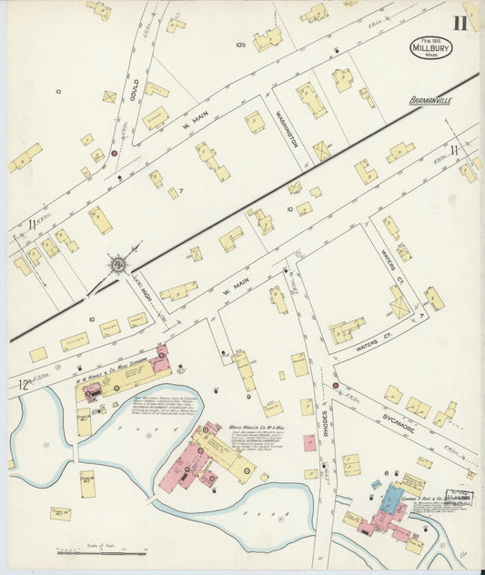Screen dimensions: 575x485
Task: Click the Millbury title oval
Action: (430, 47)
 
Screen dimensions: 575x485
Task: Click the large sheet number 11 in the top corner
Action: (461, 23)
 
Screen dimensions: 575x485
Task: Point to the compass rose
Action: (117, 265)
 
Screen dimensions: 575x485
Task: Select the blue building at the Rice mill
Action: (390, 499)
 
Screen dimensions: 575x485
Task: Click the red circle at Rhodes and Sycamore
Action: (335, 386)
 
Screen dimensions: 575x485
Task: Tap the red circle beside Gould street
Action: (114, 154)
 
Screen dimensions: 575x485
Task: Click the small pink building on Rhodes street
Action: (309, 443)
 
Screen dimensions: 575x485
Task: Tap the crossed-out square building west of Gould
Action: (109, 96)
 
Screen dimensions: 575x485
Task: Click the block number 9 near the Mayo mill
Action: (248, 397)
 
